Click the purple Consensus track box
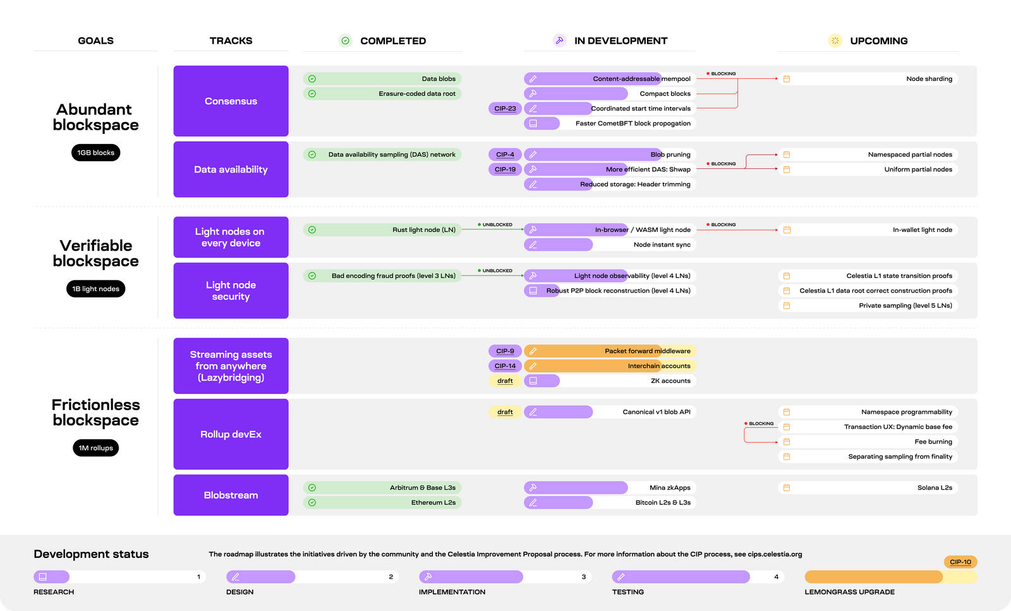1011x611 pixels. tap(231, 101)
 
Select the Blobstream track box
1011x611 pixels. tap(231, 495)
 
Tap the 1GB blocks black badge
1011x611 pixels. tap(95, 153)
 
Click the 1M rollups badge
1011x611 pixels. tap(95, 448)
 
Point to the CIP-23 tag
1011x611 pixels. tap(505, 109)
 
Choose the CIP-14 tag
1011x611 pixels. tap(505, 366)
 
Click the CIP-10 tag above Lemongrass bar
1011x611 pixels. tap(960, 562)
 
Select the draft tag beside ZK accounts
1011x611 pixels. tap(505, 381)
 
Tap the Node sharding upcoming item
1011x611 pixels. tap(868, 79)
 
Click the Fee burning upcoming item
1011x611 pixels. tap(868, 442)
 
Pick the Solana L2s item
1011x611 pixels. tap(868, 488)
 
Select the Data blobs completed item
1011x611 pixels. tap(382, 79)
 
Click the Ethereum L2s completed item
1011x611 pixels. tap(382, 503)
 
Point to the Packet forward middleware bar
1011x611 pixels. tap(610, 351)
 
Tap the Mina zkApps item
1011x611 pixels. tap(610, 488)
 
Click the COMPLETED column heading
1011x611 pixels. tap(392, 41)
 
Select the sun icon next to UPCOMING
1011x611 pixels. tap(835, 41)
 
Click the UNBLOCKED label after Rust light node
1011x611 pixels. tap(497, 224)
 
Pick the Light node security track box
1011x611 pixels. tap(231, 291)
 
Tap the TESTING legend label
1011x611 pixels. tap(627, 592)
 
